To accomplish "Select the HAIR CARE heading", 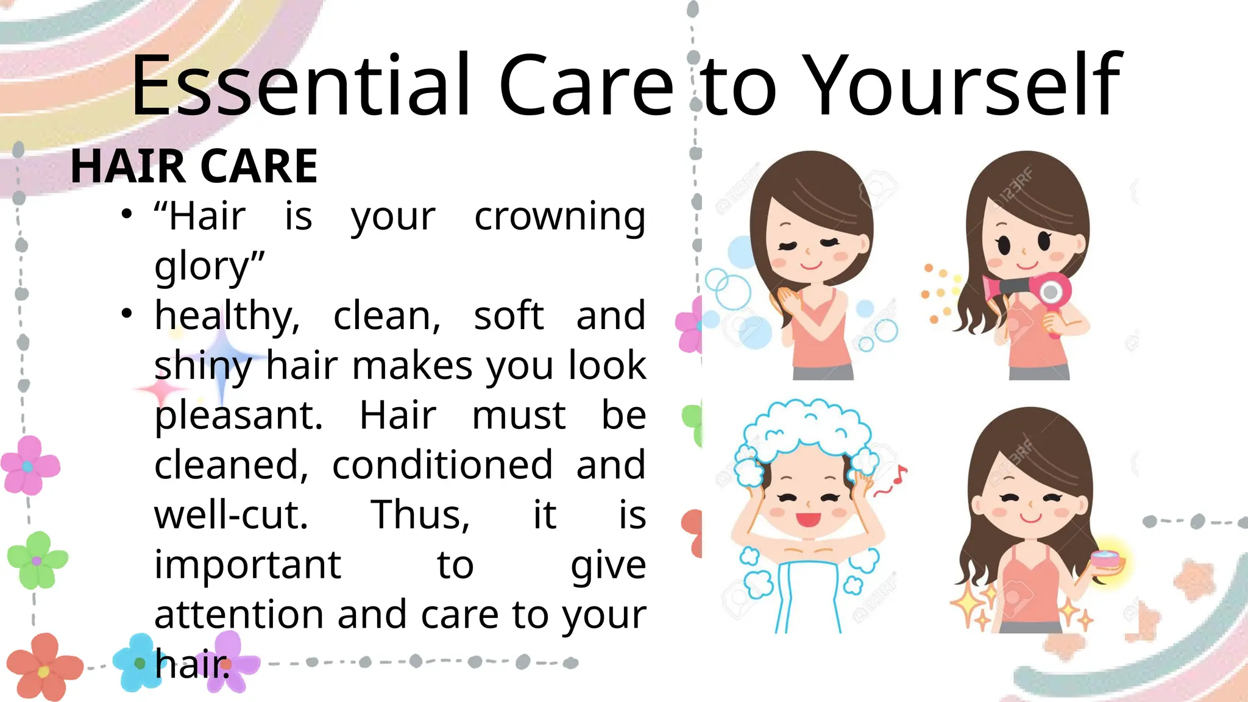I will tap(194, 166).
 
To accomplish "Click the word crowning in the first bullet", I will tap(559, 218).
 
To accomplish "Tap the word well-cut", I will tap(231, 516).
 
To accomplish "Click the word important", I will tap(247, 565).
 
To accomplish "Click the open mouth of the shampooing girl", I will tap(809, 519).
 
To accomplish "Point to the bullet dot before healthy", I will tap(126, 314).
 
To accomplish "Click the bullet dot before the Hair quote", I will tap(126, 214).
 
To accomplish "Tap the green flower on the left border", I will tap(37, 559).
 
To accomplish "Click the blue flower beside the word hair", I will tap(138, 663).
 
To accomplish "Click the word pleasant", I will tap(238, 416).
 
